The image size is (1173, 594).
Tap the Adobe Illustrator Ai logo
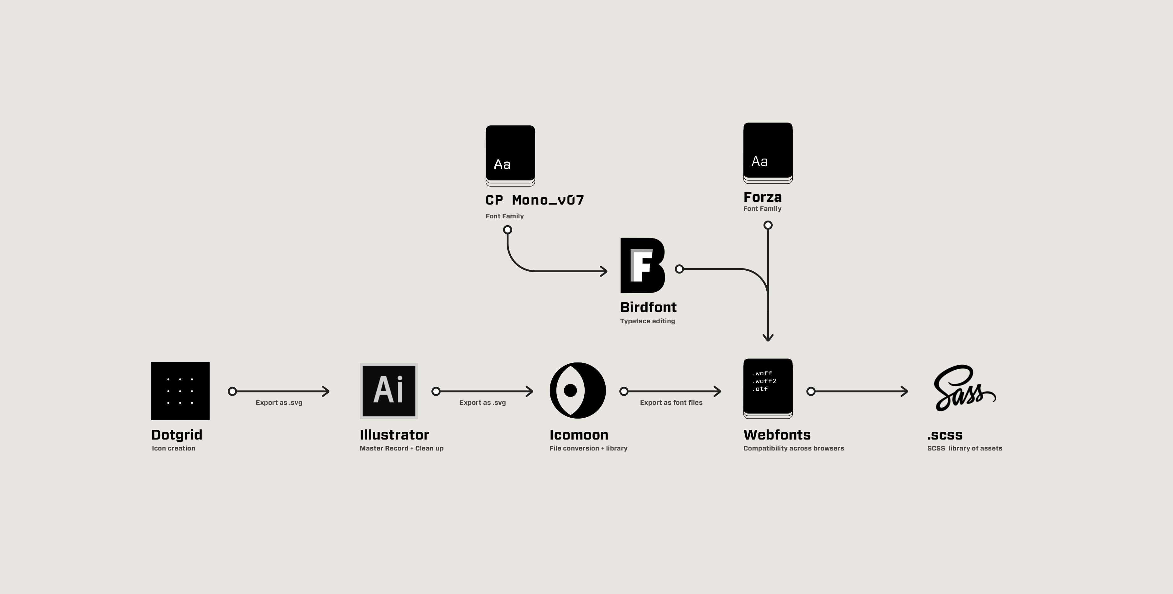click(x=388, y=391)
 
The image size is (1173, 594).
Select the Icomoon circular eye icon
click(x=577, y=391)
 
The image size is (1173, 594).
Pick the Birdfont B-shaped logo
click(x=642, y=265)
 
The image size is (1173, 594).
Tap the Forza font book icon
click(x=768, y=153)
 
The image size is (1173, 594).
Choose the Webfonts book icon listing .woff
click(x=768, y=388)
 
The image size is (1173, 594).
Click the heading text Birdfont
click(x=648, y=307)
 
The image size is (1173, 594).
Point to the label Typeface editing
click(x=647, y=321)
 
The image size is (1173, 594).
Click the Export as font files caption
click(x=671, y=402)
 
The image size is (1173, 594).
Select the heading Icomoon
click(x=578, y=435)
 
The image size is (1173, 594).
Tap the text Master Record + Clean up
click(x=401, y=448)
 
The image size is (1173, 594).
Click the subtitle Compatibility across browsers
click(x=793, y=448)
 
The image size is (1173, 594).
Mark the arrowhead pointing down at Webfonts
click(x=768, y=338)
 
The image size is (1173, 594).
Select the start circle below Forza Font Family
click(x=768, y=225)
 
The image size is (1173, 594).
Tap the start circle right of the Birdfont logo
click(x=679, y=269)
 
